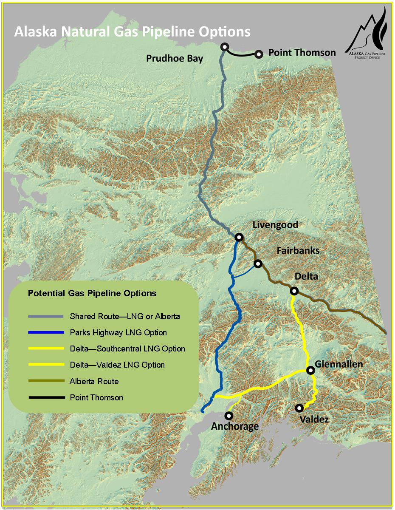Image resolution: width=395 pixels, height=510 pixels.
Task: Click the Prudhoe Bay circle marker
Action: tap(225, 47)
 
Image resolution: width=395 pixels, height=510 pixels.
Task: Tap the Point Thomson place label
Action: tap(302, 53)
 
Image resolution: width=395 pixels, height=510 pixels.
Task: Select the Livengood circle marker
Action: tap(239, 237)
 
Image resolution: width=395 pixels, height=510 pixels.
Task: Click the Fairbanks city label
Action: tap(298, 251)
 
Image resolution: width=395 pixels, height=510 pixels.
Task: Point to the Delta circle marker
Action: tap(293, 291)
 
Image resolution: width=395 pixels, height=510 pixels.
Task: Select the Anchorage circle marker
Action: tap(229, 415)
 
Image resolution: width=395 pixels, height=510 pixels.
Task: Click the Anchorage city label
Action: tap(234, 426)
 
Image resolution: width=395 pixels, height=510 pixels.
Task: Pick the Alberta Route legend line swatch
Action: tap(46, 382)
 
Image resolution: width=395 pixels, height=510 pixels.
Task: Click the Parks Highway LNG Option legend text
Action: tap(118, 332)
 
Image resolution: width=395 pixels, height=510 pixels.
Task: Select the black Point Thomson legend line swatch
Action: tap(46, 398)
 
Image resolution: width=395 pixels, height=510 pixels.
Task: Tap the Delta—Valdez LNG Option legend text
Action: tap(117, 365)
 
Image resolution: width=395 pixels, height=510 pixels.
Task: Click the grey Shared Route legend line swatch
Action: tap(46, 317)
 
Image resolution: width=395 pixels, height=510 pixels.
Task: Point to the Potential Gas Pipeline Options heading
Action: tap(92, 293)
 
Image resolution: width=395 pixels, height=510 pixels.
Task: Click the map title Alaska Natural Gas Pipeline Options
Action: tap(132, 32)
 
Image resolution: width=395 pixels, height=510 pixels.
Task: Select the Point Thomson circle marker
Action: tap(259, 54)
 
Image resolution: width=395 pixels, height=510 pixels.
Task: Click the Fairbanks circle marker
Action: tap(257, 264)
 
